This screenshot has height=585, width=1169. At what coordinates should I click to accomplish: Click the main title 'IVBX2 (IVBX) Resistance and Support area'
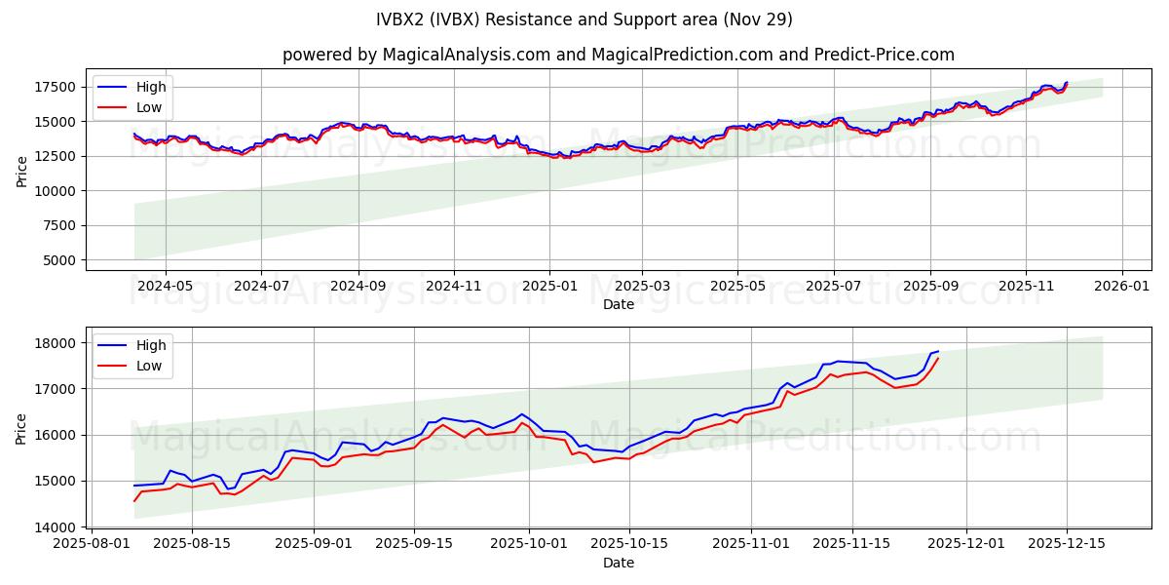coord(584,19)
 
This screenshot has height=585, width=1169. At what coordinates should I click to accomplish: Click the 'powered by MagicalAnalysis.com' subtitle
coord(618,55)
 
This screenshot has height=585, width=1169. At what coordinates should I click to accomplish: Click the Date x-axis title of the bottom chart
coord(618,563)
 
